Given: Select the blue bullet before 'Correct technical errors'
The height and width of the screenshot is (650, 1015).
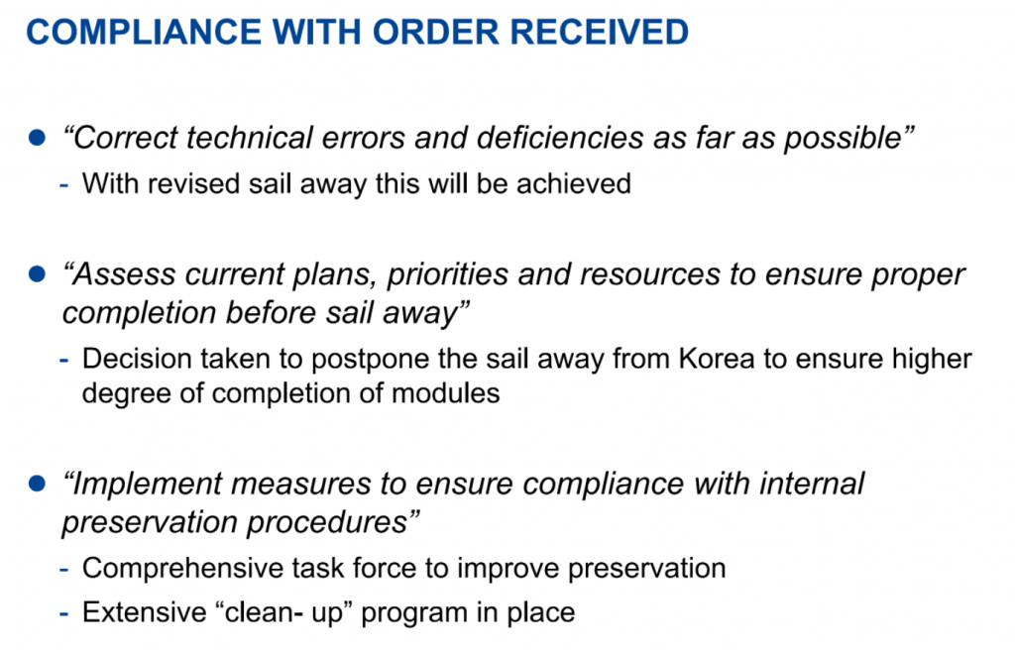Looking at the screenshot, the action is coord(37,138).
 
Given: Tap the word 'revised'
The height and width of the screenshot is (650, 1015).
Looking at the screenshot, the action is coord(193,184).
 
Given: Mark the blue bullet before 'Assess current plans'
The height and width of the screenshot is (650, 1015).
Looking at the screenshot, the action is coord(37,273).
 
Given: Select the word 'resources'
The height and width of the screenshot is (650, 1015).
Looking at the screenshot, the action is coord(650,274).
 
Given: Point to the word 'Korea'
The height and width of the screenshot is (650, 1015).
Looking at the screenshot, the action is coord(717,359).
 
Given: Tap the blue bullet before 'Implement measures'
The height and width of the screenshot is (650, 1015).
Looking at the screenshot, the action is coord(37,483).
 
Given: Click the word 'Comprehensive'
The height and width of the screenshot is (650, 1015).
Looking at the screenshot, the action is coord(182,569).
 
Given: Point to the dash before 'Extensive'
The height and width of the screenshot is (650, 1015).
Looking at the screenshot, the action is coord(64,613).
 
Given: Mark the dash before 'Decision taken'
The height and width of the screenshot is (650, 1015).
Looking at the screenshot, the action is coord(64,360).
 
